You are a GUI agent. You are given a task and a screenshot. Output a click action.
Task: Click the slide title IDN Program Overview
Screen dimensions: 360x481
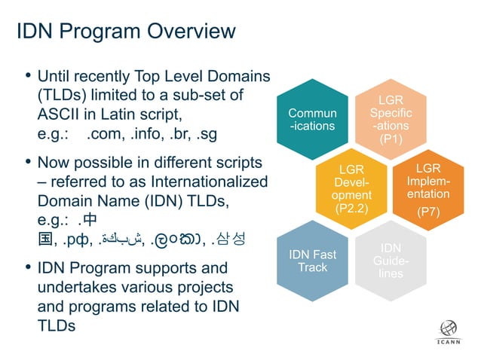[126, 31]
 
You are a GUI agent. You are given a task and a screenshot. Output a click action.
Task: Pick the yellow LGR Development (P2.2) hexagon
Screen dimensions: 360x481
[351, 188]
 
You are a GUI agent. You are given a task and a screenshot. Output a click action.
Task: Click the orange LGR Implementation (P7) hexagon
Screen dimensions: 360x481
[427, 188]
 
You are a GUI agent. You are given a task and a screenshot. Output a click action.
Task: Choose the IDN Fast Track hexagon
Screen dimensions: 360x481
[313, 260]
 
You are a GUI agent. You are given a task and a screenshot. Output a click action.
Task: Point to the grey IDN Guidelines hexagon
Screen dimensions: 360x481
[390, 260]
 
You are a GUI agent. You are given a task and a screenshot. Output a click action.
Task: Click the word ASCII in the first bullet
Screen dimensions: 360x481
[59, 114]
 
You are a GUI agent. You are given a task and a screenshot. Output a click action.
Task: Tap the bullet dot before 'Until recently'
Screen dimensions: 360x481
[27, 75]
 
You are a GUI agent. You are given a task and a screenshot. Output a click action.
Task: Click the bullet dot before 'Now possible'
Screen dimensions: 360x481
[27, 162]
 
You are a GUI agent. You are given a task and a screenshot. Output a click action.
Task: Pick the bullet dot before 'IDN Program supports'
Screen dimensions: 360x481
[27, 268]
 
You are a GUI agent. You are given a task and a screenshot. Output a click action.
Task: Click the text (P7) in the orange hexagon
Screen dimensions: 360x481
[427, 212]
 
